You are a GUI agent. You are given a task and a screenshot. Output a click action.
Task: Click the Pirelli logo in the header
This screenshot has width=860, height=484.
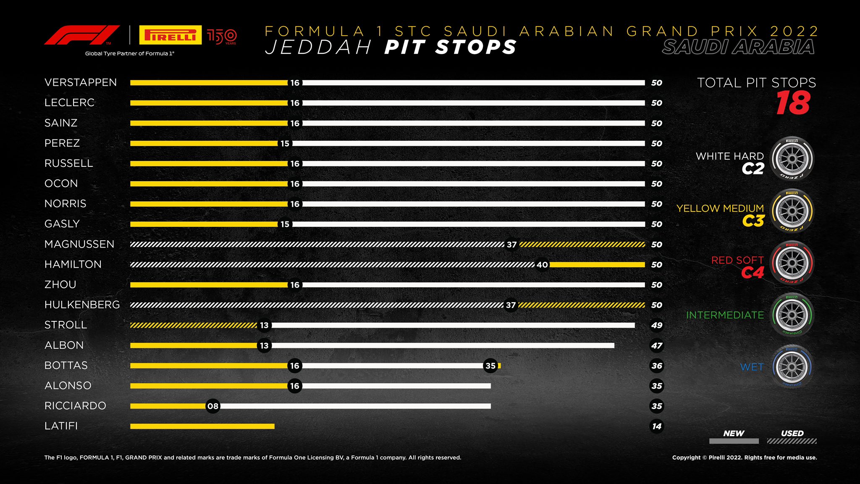[170, 35]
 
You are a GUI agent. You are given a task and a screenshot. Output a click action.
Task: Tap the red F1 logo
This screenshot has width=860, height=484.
[81, 35]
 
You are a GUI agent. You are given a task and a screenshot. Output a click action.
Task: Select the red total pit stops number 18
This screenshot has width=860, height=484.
[792, 103]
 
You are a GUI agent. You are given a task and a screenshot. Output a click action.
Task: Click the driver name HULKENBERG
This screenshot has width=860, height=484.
[82, 305]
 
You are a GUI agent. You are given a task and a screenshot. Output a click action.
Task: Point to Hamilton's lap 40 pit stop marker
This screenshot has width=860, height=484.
[542, 265]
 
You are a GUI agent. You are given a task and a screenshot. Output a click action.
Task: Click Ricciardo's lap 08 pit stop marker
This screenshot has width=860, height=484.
[213, 406]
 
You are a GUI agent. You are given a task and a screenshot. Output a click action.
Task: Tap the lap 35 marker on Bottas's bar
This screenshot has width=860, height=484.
[490, 366]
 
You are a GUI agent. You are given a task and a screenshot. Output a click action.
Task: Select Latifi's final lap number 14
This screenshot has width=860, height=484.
[657, 426]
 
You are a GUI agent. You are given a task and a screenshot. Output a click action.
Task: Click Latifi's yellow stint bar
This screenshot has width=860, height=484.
[202, 426]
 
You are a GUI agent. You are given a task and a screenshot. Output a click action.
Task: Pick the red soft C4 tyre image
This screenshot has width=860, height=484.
[792, 263]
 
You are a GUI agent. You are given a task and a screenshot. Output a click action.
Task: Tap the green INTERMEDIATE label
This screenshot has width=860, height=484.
[725, 315]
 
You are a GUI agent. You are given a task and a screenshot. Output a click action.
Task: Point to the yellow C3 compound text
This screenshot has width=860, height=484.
[753, 221]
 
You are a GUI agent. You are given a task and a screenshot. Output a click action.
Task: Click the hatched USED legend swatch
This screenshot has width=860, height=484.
[792, 441]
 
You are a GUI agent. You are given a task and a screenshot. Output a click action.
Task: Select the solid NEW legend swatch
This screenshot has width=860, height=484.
[734, 441]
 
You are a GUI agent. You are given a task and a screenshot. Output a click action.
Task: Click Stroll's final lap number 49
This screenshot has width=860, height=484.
[657, 325]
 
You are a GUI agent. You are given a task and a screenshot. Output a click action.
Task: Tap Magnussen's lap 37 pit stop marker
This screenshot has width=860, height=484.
[511, 245]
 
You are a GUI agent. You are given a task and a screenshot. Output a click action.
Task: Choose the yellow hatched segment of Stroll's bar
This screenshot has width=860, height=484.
[193, 325]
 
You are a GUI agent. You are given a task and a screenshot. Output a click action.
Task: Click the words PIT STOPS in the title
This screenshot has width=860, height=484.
[450, 47]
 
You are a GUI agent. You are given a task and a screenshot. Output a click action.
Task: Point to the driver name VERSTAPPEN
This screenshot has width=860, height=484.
[81, 82]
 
